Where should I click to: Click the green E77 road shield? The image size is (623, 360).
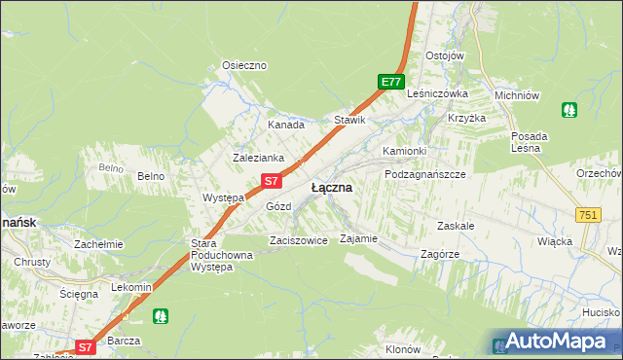390,83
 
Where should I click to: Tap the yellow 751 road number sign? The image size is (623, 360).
587,215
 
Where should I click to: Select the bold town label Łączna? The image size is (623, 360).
331,187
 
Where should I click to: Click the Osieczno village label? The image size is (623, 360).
244,65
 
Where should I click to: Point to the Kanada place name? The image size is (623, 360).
286,126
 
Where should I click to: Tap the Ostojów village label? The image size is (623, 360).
444,55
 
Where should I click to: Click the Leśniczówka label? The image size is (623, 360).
438,93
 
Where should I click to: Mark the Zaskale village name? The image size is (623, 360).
456,225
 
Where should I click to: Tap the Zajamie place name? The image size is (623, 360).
358,238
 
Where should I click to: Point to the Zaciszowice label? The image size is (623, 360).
298,240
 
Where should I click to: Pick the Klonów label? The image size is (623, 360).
403,349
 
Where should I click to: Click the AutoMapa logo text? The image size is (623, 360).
555,342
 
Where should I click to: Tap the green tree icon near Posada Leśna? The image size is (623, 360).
569,110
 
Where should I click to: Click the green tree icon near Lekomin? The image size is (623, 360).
161,315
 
